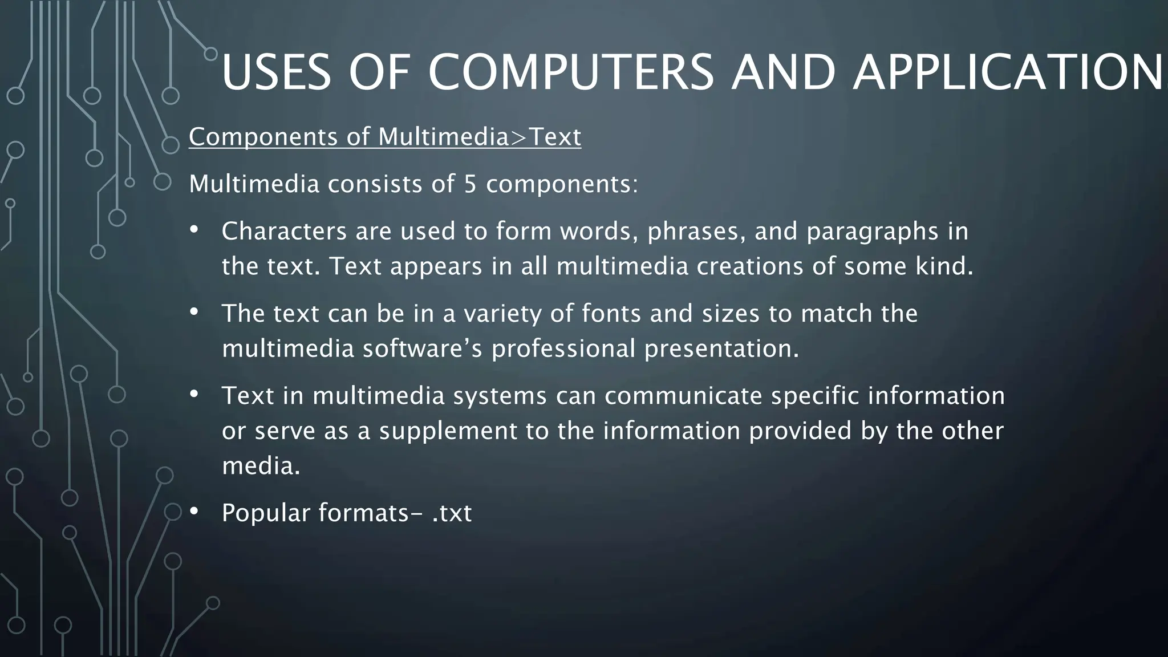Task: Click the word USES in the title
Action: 276,72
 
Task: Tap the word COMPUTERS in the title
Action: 570,72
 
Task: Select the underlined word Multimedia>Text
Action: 480,137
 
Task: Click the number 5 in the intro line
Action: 470,184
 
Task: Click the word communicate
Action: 683,396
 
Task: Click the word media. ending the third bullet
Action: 261,467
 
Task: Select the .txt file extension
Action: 452,513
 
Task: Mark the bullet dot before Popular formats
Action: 194,512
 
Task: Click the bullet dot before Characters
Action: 194,230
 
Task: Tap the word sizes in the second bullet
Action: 731,314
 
